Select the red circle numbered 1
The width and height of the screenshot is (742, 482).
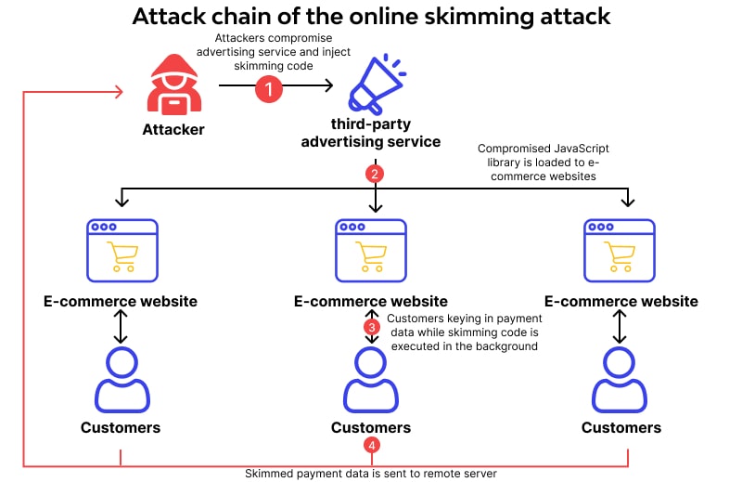268,89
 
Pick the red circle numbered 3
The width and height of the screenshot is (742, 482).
372,327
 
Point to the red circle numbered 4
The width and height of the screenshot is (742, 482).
372,446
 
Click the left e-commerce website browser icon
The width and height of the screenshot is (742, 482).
121,250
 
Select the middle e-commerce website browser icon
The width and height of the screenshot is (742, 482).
371,250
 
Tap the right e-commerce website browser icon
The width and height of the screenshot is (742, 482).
620,250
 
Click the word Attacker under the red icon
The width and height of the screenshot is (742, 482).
173,129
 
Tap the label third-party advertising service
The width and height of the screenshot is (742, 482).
385,133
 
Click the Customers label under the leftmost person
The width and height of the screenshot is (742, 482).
121,427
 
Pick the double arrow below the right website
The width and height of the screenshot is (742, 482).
620,327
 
